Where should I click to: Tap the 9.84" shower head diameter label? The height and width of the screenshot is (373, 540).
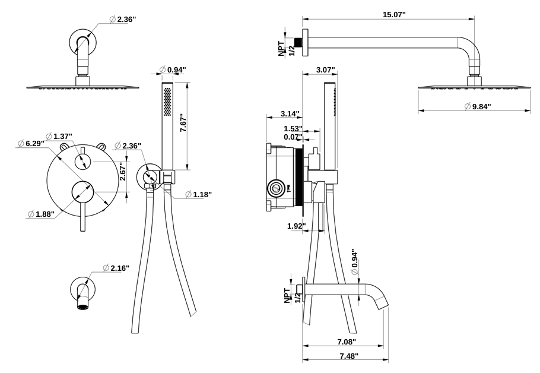481,106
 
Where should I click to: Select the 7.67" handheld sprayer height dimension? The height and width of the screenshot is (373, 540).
184,125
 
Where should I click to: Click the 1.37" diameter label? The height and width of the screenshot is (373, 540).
62,137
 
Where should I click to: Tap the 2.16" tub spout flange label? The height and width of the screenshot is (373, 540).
119,268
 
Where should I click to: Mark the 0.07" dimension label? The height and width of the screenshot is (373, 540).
293,137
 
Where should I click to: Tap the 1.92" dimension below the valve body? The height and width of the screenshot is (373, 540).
296,226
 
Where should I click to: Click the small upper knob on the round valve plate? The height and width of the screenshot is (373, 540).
84,161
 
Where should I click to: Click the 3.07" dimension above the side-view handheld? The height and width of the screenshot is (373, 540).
325,70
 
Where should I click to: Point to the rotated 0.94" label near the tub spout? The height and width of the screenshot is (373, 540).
355,262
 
